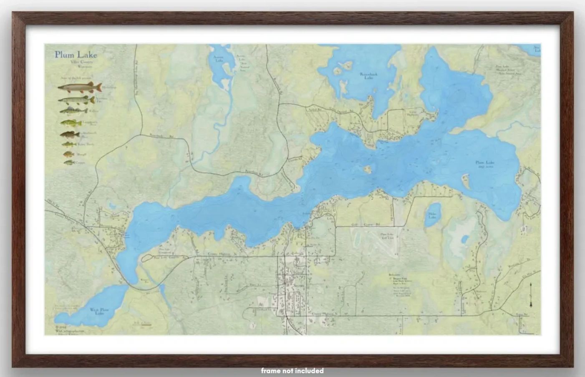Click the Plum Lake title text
point(76,55)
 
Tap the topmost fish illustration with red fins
point(80,88)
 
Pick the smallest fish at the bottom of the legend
point(68,162)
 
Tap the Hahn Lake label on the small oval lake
point(432,215)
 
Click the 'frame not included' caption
point(292,370)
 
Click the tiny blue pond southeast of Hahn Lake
point(464,240)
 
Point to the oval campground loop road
point(163,258)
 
